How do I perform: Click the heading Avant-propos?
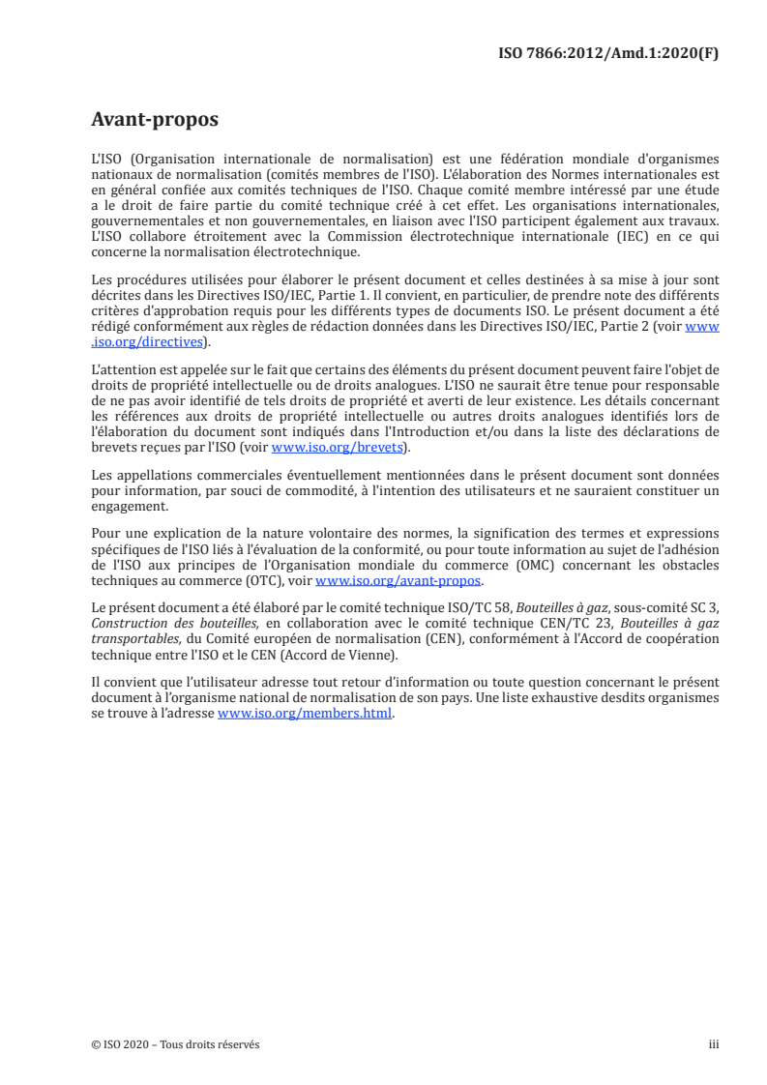pyautogui.click(x=154, y=120)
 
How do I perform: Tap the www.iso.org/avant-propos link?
pyautogui.click(x=398, y=581)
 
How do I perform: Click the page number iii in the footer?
pyautogui.click(x=714, y=1044)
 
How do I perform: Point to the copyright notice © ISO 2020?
pyautogui.click(x=126, y=1044)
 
